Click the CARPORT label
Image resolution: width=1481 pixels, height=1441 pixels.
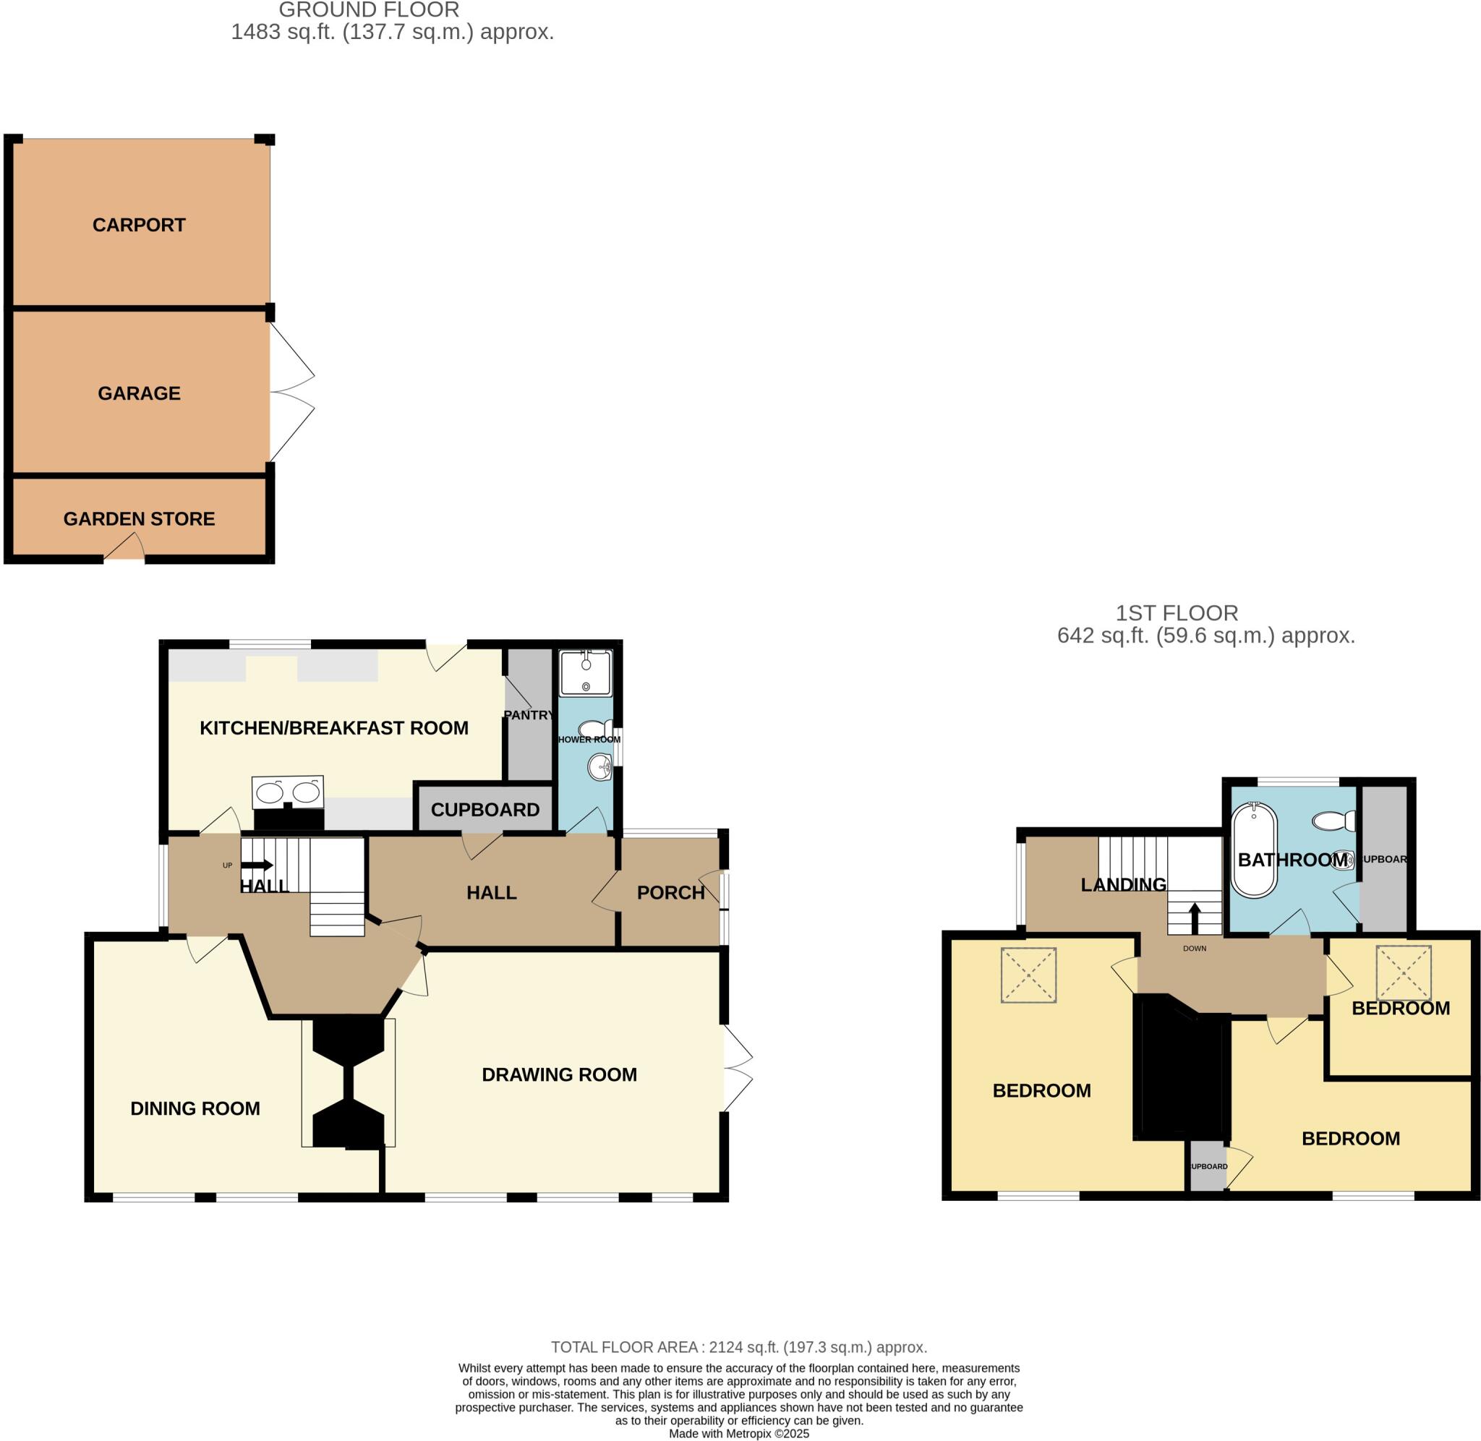click(x=139, y=225)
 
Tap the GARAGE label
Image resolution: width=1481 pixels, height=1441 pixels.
click(x=140, y=393)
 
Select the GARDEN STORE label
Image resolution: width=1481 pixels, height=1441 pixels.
click(x=140, y=519)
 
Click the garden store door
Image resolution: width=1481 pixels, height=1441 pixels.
click(x=124, y=549)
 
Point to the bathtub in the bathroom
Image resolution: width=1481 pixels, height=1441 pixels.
click(x=1255, y=851)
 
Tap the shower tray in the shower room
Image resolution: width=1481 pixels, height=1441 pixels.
click(x=585, y=673)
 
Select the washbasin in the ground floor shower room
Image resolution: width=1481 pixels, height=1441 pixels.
click(x=600, y=769)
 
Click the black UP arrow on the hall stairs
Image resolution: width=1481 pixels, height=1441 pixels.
click(x=257, y=865)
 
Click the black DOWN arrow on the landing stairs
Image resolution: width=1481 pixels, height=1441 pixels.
click(x=1195, y=918)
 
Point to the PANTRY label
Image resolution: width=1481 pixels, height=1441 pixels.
click(x=528, y=715)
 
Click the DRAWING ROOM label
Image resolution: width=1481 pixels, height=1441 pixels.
click(x=559, y=1074)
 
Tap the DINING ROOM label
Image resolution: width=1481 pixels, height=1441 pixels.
click(x=195, y=1108)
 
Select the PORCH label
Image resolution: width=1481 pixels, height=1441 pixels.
click(x=670, y=893)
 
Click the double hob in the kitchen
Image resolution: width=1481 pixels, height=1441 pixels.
click(x=288, y=792)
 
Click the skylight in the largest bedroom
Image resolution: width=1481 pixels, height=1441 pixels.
click(x=1028, y=975)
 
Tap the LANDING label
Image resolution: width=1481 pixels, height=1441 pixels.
click(x=1123, y=885)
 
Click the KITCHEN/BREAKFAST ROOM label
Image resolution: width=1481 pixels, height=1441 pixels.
click(x=334, y=728)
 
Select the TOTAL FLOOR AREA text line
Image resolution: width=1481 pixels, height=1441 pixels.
click(x=738, y=1347)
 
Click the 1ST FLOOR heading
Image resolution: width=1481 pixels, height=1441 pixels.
click(x=1177, y=613)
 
